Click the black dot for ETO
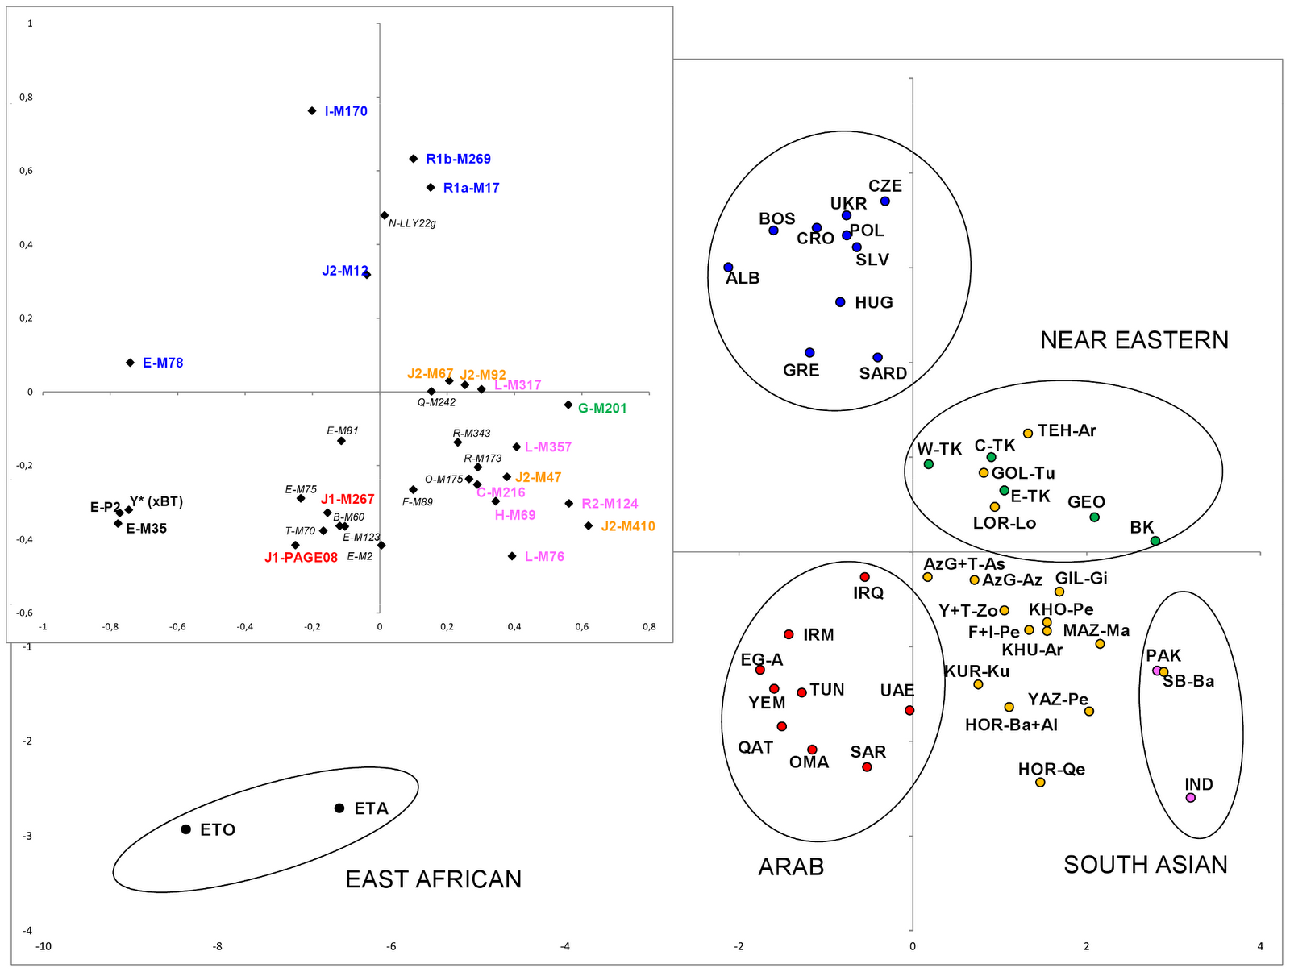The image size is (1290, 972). coord(185,829)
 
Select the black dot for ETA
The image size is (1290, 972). coord(339,808)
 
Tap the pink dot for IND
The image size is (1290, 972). coord(1191,798)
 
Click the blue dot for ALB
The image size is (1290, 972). coord(728,268)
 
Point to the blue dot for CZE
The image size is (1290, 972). coord(884,201)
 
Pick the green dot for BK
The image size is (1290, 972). coord(1155,541)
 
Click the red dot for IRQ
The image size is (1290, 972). coord(864,577)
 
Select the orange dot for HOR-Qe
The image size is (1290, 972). coord(1040,783)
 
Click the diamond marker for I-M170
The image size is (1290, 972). coord(312,111)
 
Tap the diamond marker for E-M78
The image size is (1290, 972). coord(131,363)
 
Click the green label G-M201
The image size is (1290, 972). coord(602,409)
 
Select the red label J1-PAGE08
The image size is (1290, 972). coord(301,558)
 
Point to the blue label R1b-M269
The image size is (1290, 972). coord(458,160)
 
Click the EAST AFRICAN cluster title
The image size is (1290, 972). coord(433,879)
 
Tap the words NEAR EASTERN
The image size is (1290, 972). coord(1134,340)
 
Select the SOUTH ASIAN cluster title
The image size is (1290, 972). coord(1145,866)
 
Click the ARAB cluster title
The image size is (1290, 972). coord(791,867)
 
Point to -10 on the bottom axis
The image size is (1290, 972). coord(44,947)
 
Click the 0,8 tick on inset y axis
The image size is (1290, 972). coord(27,98)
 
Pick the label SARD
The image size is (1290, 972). coord(883,373)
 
